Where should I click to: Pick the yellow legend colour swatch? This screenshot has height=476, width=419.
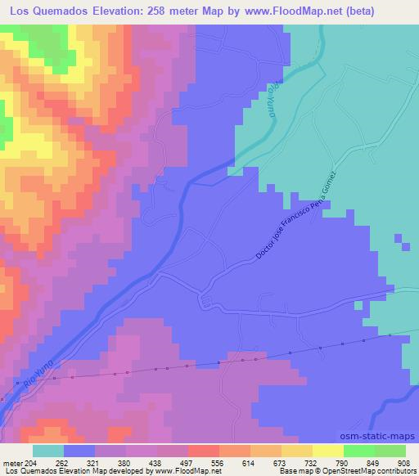[328, 451]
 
